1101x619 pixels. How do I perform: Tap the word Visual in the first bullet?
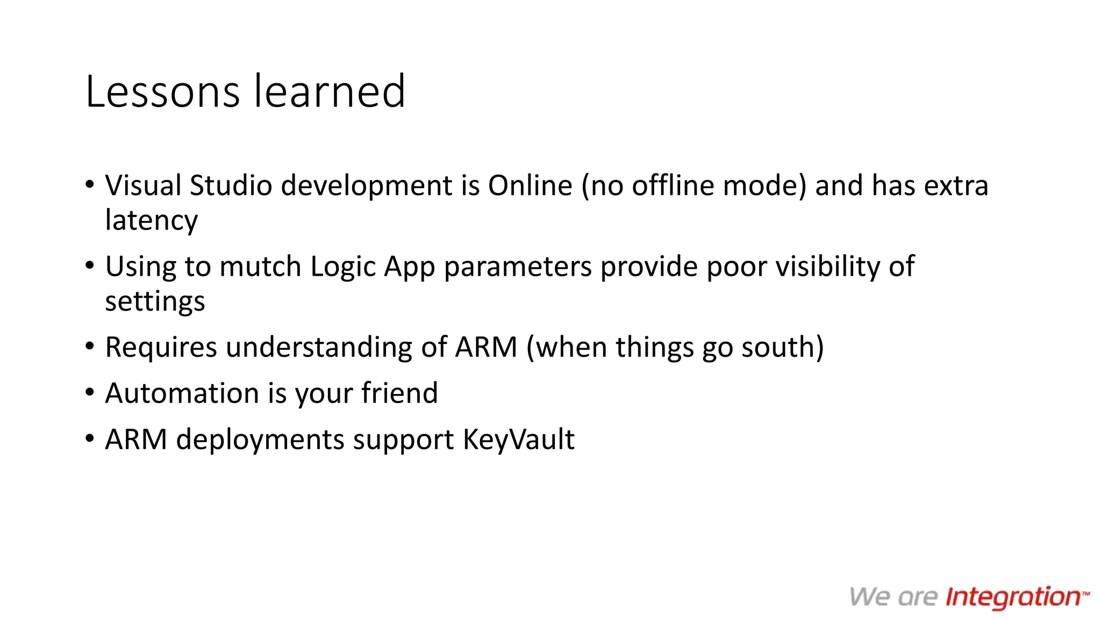[143, 185]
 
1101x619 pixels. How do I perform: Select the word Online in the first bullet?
[530, 185]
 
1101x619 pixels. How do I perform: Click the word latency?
[152, 220]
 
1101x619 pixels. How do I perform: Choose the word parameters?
[518, 267]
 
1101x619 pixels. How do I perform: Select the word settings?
[155, 301]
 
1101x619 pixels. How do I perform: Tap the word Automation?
[182, 393]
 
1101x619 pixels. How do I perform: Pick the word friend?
[399, 393]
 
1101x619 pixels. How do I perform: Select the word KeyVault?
[519, 440]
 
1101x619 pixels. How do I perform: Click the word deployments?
[260, 440]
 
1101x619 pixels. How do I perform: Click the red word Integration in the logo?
[1013, 598]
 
